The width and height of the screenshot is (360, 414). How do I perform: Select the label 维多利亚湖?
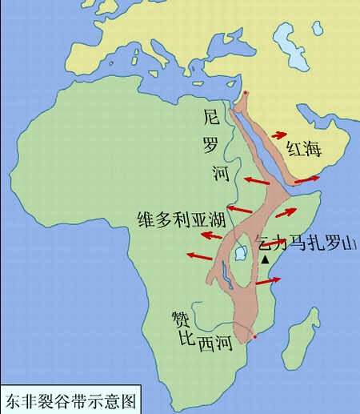coord(182,218)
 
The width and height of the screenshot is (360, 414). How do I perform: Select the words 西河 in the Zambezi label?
coord(214,344)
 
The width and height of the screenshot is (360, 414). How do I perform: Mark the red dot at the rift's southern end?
coord(254,337)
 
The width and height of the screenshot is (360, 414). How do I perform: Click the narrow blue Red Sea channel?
coord(258,137)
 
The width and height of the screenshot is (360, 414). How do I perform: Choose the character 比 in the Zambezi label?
coord(186,340)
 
